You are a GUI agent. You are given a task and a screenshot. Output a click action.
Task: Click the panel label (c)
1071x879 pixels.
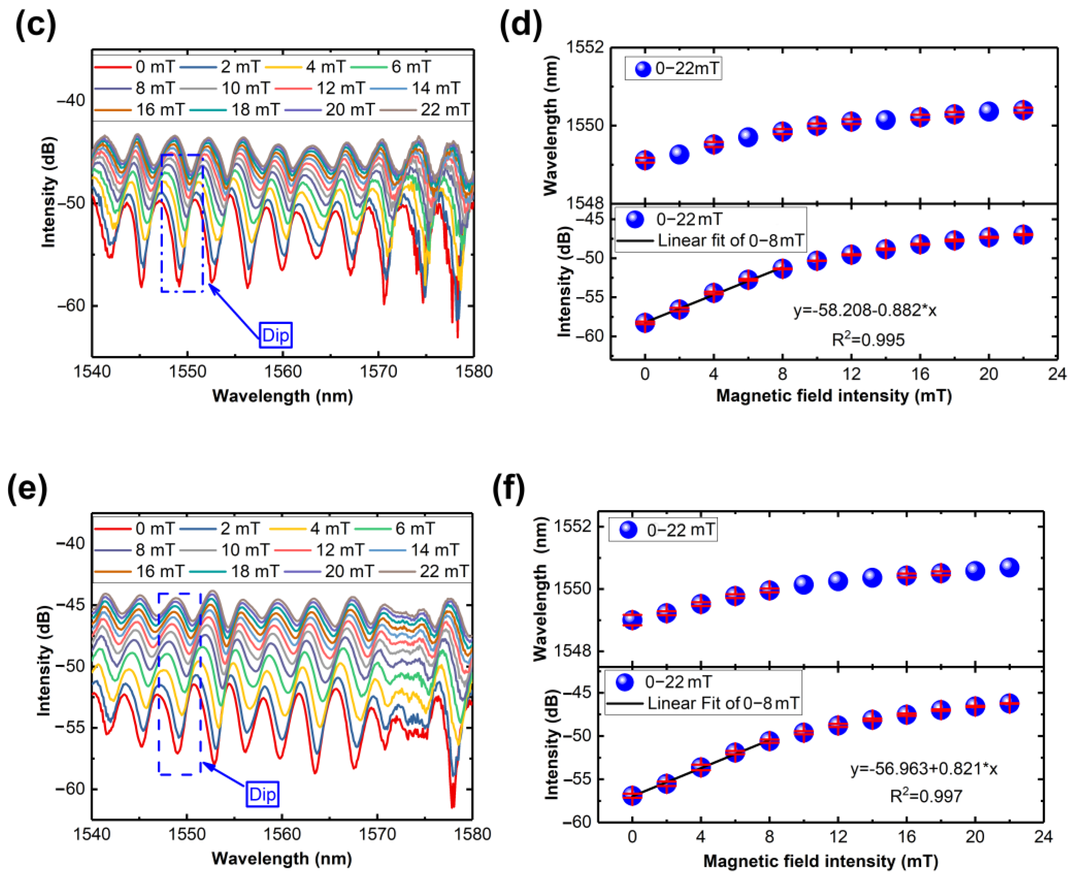click(35, 24)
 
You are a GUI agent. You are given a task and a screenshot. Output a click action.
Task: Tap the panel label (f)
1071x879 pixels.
click(509, 488)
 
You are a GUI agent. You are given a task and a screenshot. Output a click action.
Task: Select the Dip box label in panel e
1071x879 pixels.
click(262, 794)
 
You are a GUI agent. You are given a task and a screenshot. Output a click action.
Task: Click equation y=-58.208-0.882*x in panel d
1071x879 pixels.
click(864, 310)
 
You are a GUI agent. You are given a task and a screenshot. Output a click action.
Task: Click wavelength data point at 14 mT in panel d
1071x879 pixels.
click(885, 120)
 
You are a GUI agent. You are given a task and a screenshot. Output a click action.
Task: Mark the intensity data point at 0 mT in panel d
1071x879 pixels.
click(645, 322)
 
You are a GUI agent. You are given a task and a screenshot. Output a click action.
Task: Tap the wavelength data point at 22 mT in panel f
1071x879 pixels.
click(1009, 567)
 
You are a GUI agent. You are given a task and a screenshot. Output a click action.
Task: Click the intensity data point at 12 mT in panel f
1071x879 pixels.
click(838, 725)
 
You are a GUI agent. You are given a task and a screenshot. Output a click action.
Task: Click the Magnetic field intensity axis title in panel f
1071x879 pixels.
click(820, 861)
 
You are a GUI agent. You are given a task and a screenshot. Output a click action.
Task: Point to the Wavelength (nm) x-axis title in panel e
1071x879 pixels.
click(281, 858)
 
